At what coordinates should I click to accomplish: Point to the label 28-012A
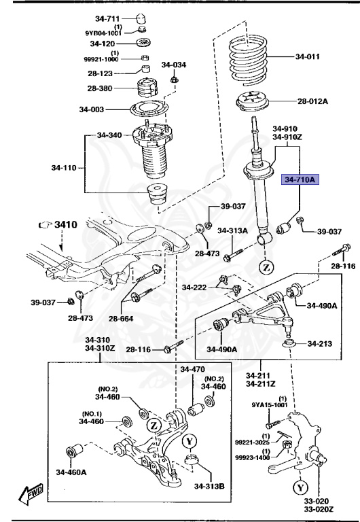click(312, 101)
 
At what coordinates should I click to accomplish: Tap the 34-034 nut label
click(173, 65)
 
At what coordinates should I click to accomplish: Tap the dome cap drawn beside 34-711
click(141, 16)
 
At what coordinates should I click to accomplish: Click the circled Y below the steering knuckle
click(300, 488)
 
